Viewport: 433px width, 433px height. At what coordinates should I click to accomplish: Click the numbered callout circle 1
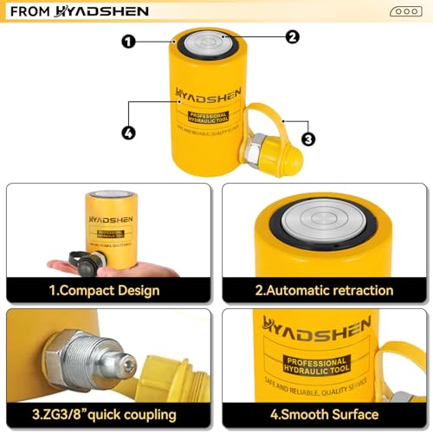click(x=128, y=41)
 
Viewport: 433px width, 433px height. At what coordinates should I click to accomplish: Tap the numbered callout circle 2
click(x=292, y=36)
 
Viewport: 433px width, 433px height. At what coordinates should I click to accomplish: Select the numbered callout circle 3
click(x=307, y=139)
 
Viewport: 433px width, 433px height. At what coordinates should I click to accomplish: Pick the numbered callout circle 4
click(x=128, y=133)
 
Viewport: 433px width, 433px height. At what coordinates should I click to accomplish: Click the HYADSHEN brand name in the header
click(x=101, y=11)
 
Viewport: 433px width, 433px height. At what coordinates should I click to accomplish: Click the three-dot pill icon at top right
click(x=405, y=11)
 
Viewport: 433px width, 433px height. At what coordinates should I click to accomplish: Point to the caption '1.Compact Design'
click(x=104, y=290)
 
